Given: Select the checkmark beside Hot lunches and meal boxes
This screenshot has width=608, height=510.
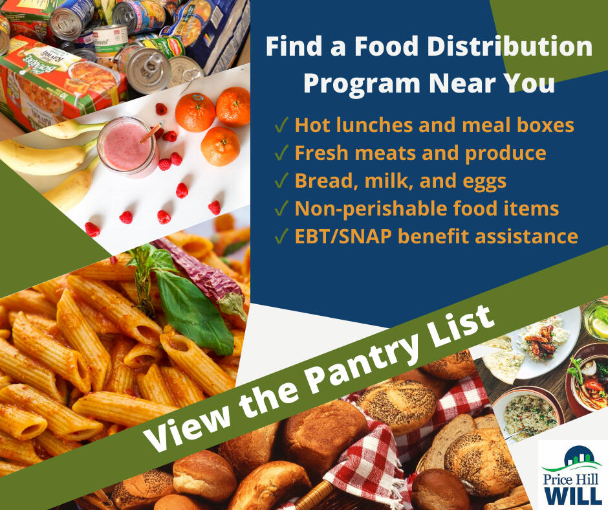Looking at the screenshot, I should click(x=281, y=126).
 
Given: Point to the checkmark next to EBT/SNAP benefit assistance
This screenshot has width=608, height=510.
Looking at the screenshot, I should click(x=281, y=238).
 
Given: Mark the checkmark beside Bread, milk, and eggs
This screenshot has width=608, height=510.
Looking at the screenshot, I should click(x=281, y=182).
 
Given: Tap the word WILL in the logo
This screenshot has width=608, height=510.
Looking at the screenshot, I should click(x=572, y=495).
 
